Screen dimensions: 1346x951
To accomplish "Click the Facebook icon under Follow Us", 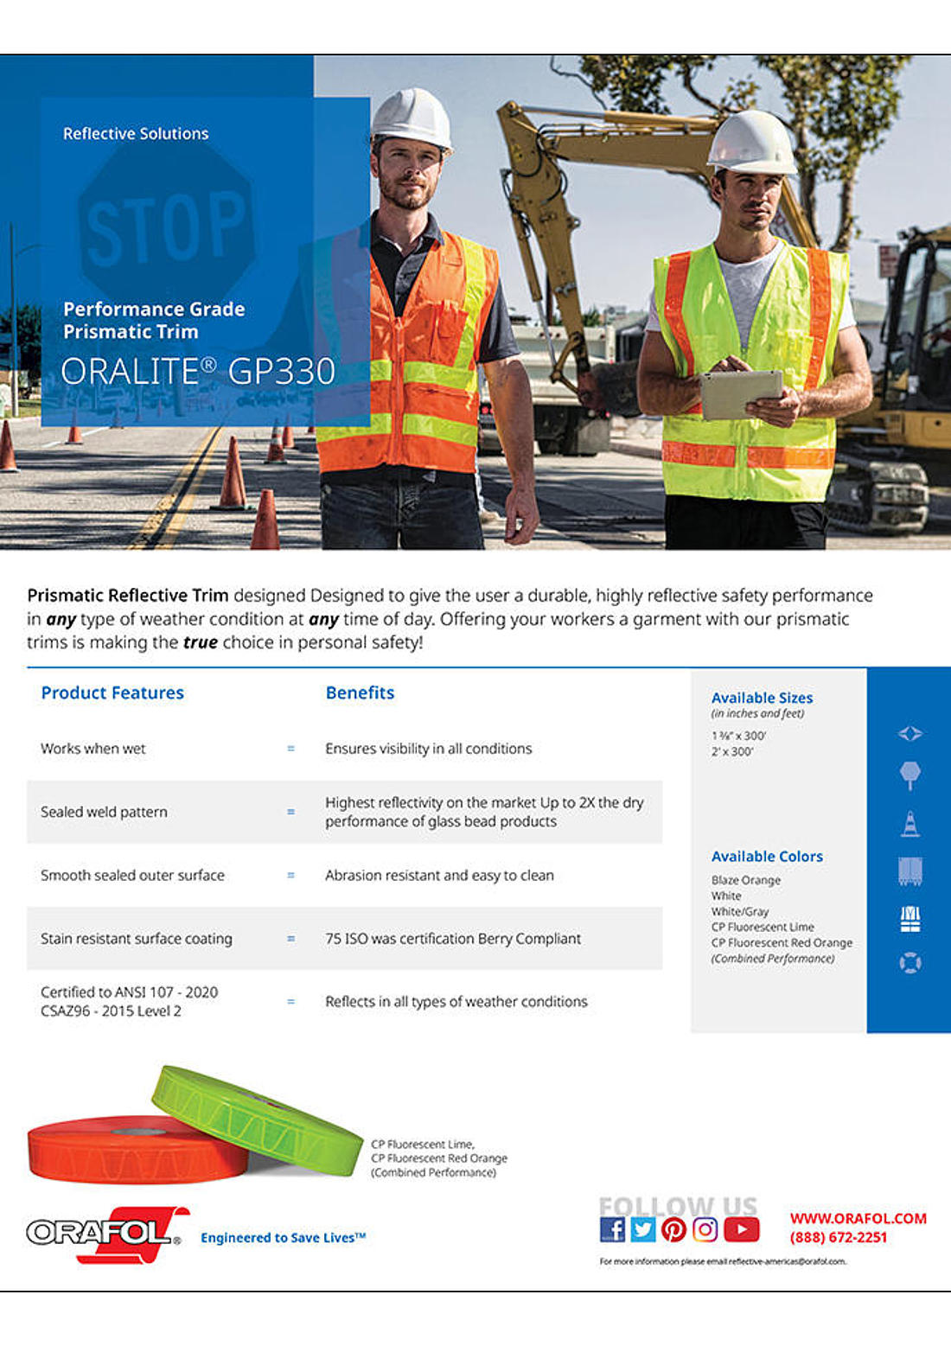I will click(x=612, y=1228).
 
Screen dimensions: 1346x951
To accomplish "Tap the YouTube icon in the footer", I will click(x=741, y=1228).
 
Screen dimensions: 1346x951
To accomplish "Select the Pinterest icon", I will click(x=673, y=1228).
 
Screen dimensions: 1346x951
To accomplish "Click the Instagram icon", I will click(x=705, y=1228).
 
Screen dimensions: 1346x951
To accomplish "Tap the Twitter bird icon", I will click(x=642, y=1228).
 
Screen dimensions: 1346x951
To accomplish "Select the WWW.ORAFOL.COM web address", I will click(x=858, y=1218).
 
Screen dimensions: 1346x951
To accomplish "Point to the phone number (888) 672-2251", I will click(x=838, y=1237).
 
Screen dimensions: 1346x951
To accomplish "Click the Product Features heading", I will click(x=112, y=692).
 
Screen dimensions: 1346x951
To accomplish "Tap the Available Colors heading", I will click(x=767, y=856).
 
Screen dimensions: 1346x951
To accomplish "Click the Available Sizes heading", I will click(x=762, y=698).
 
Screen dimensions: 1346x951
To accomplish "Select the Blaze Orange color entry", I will click(x=745, y=880).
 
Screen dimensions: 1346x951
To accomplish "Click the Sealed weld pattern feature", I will click(x=104, y=812).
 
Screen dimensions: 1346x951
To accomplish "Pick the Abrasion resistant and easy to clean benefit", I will click(x=439, y=875).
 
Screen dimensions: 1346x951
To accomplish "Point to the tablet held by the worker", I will click(x=740, y=393).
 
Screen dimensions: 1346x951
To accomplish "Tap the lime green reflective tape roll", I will click(x=257, y=1120).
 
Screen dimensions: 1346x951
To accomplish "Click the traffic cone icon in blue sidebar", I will click(x=910, y=824).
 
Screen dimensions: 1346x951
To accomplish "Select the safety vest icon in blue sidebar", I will click(x=910, y=918).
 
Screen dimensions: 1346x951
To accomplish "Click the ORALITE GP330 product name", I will click(x=198, y=371).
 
